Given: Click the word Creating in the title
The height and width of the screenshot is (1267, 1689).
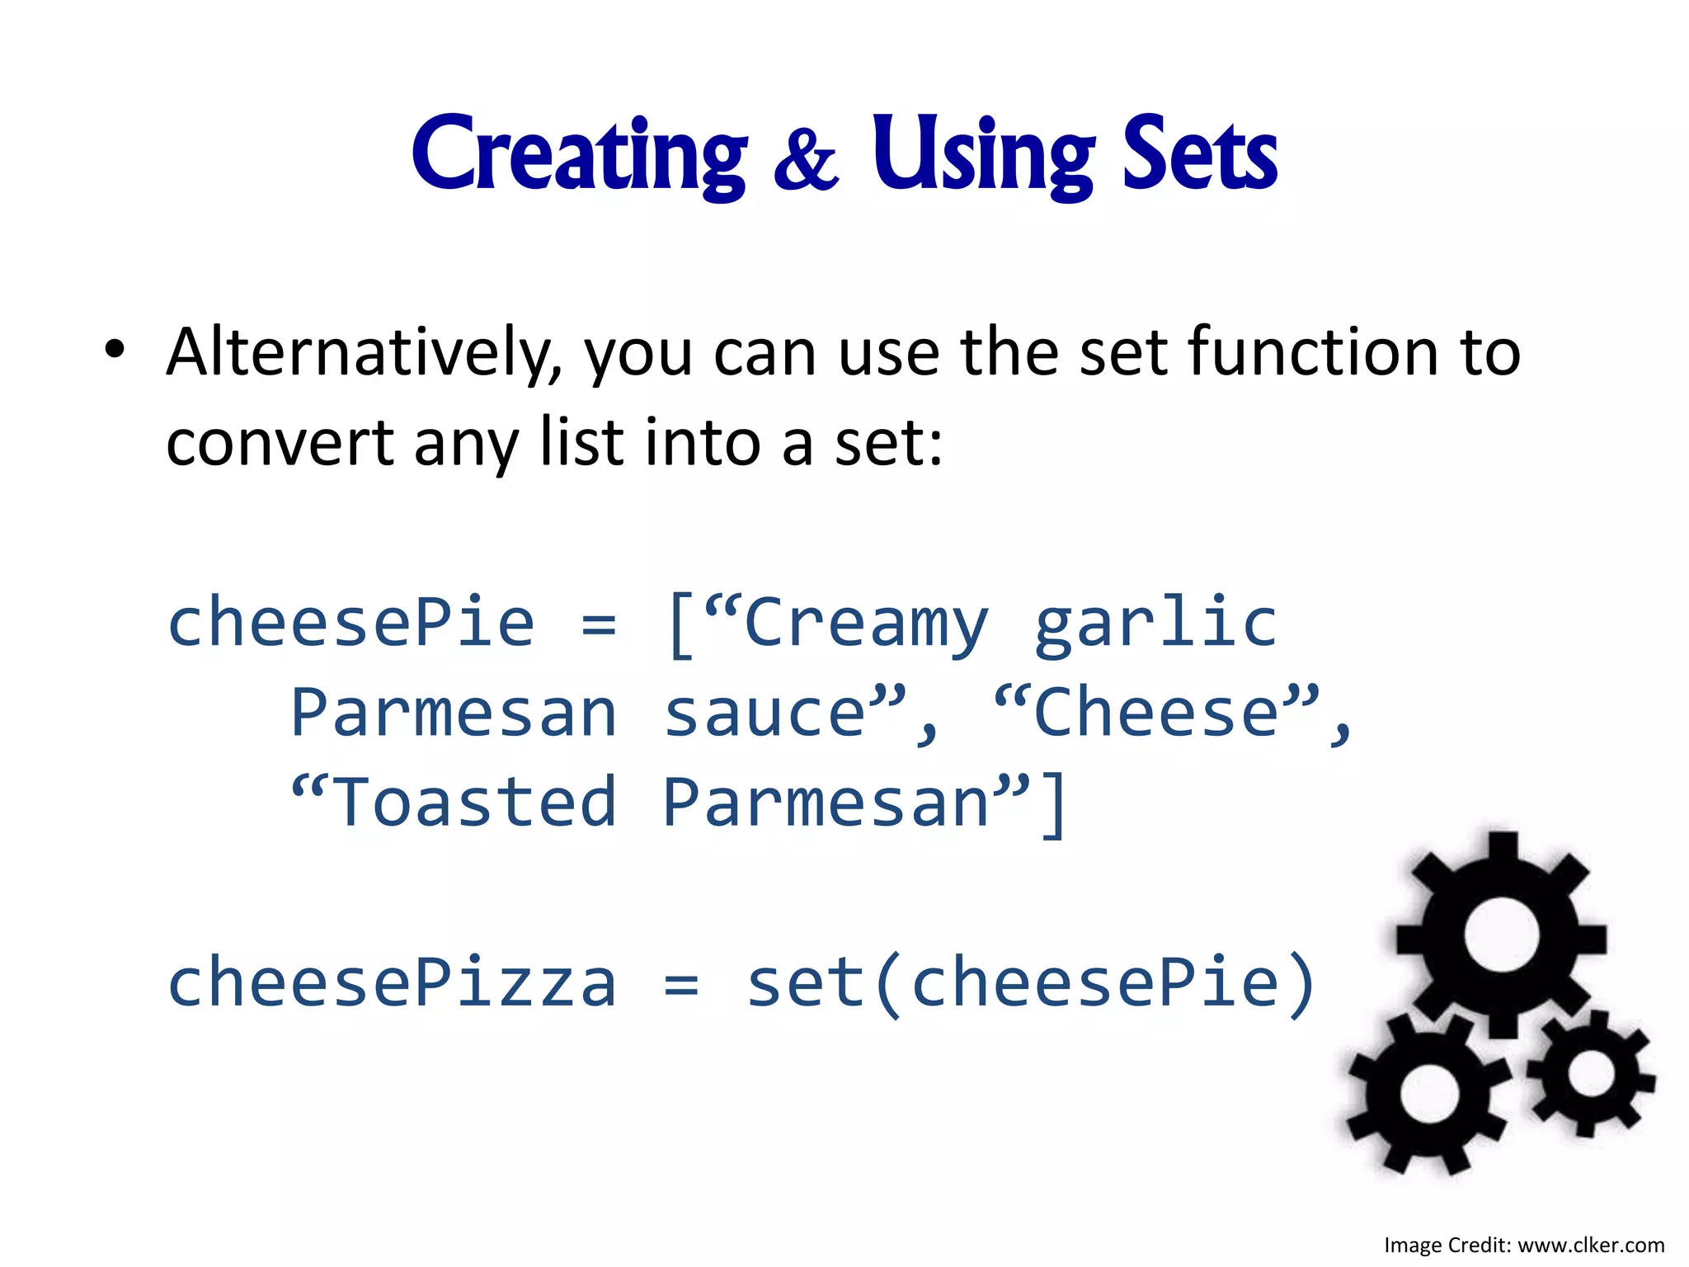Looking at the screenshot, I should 579,155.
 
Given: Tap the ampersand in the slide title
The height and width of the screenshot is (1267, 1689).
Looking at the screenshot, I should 806,160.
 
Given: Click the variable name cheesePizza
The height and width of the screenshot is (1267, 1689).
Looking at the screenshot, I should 392,983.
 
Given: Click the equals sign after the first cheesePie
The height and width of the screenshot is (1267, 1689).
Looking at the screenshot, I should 599,624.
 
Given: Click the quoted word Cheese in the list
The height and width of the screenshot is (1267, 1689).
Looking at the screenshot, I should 1155,714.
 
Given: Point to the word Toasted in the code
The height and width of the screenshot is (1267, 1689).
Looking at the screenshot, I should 476,803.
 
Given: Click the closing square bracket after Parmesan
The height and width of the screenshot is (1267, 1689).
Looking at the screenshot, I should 1053,804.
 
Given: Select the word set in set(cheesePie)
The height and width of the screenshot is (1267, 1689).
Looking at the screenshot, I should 805,983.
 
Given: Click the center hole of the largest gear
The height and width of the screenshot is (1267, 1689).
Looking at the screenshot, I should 1501,936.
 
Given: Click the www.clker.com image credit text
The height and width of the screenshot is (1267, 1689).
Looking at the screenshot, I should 1591,1245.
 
